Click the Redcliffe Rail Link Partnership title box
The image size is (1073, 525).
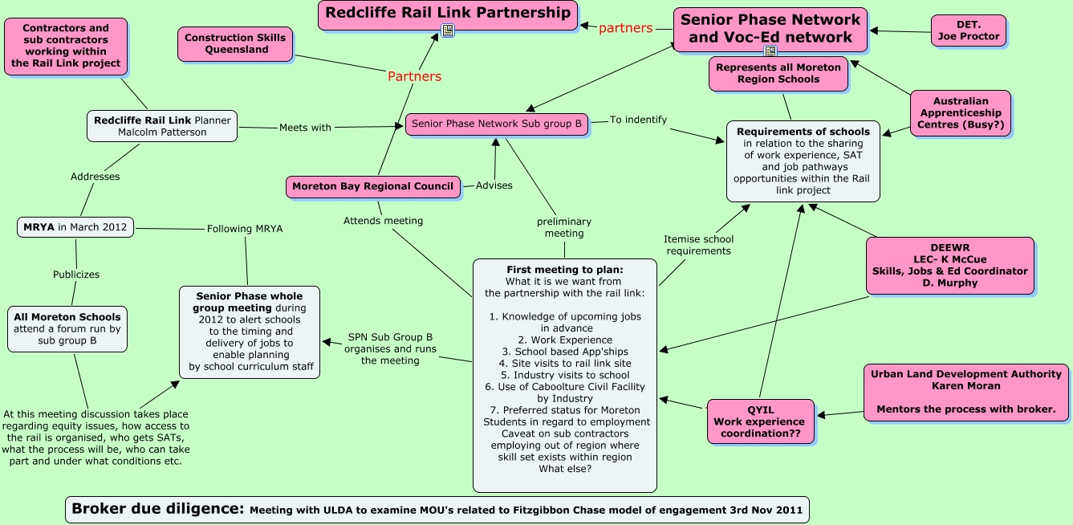(447, 14)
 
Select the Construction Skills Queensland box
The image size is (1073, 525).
(235, 43)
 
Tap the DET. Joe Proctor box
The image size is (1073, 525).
(968, 31)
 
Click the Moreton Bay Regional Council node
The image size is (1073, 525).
(373, 186)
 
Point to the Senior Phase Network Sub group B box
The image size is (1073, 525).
(497, 124)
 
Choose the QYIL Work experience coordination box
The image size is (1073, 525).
(759, 421)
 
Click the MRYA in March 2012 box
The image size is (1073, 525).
(75, 227)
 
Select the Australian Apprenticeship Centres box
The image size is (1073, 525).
(961, 113)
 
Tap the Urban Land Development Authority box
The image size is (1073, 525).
(966, 392)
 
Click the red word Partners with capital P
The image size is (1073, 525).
(414, 76)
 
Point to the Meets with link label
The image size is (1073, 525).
(305, 127)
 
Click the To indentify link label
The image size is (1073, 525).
(638, 120)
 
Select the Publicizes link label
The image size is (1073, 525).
(76, 274)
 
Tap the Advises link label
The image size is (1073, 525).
(494, 185)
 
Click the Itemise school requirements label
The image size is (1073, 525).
(697, 245)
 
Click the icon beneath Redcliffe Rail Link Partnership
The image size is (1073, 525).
(448, 31)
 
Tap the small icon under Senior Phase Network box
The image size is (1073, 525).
(770, 51)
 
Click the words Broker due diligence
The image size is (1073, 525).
(157, 508)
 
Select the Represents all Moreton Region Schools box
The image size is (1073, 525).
(778, 73)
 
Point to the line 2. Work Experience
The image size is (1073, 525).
(564, 340)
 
